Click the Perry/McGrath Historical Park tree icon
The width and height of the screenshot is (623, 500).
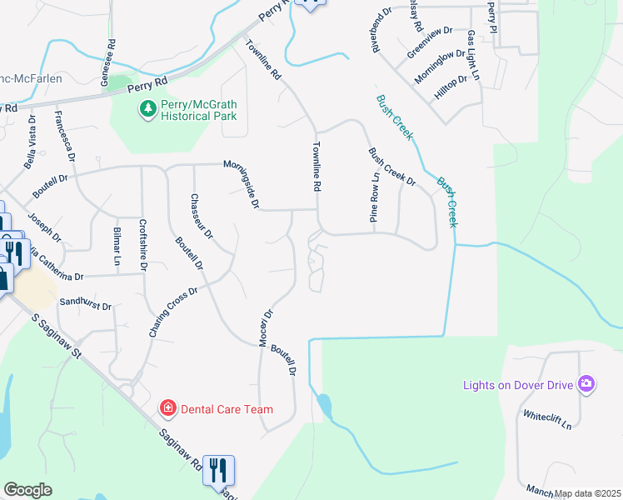pos(147,108)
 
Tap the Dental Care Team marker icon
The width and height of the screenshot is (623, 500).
pos(167,407)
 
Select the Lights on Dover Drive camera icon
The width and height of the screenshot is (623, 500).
pos(586,383)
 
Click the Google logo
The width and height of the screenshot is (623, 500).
pos(27,490)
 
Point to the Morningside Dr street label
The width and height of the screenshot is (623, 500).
pos(242,184)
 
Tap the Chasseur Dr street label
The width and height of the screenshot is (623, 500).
pos(202,216)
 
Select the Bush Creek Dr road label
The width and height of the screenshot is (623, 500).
pos(391,166)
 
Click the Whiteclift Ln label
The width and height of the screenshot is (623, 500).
pos(546,419)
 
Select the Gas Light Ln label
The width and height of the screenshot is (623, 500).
pos(473,56)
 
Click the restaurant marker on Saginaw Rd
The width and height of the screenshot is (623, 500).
pos(218,471)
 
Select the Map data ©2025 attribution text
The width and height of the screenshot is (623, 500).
pos(587,493)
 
